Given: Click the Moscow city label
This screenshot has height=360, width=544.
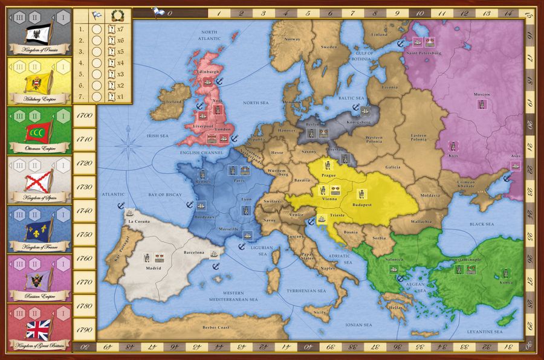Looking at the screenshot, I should pos(481,95).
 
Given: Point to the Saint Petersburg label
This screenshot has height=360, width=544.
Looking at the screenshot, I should pos(424,53).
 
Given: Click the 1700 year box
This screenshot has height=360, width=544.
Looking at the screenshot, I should pos(85,115).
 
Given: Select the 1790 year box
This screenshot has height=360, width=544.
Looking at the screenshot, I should pos(85,329).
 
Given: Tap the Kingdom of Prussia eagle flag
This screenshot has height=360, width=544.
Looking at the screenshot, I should pos(37,32).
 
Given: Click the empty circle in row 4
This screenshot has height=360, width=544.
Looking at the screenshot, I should pos(96,62).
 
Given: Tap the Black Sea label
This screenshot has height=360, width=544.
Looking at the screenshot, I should pos(481,224).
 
